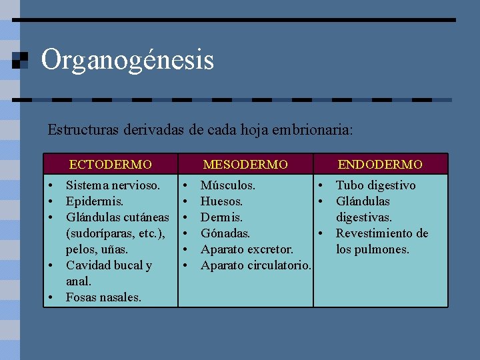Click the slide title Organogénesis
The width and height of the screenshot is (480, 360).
click(x=127, y=60)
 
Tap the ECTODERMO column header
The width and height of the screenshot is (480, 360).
click(x=111, y=164)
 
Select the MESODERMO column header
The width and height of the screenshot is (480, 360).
click(x=245, y=164)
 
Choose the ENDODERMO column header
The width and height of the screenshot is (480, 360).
click(x=380, y=164)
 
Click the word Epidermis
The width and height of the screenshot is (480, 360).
click(x=95, y=201)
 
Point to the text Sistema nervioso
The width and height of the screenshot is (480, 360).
click(x=113, y=185)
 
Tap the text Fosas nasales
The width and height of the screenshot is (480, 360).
click(x=103, y=297)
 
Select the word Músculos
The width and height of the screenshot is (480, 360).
click(x=227, y=185)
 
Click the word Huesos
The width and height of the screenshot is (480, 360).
click(x=221, y=201)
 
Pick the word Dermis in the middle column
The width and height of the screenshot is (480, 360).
click(x=221, y=217)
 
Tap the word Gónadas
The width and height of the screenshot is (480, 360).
click(x=225, y=233)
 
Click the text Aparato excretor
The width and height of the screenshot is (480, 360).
click(x=247, y=249)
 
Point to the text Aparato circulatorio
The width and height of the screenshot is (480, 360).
click(x=255, y=265)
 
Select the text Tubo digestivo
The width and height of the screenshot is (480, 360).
click(x=375, y=185)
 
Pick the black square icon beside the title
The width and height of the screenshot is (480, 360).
click(x=21, y=61)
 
